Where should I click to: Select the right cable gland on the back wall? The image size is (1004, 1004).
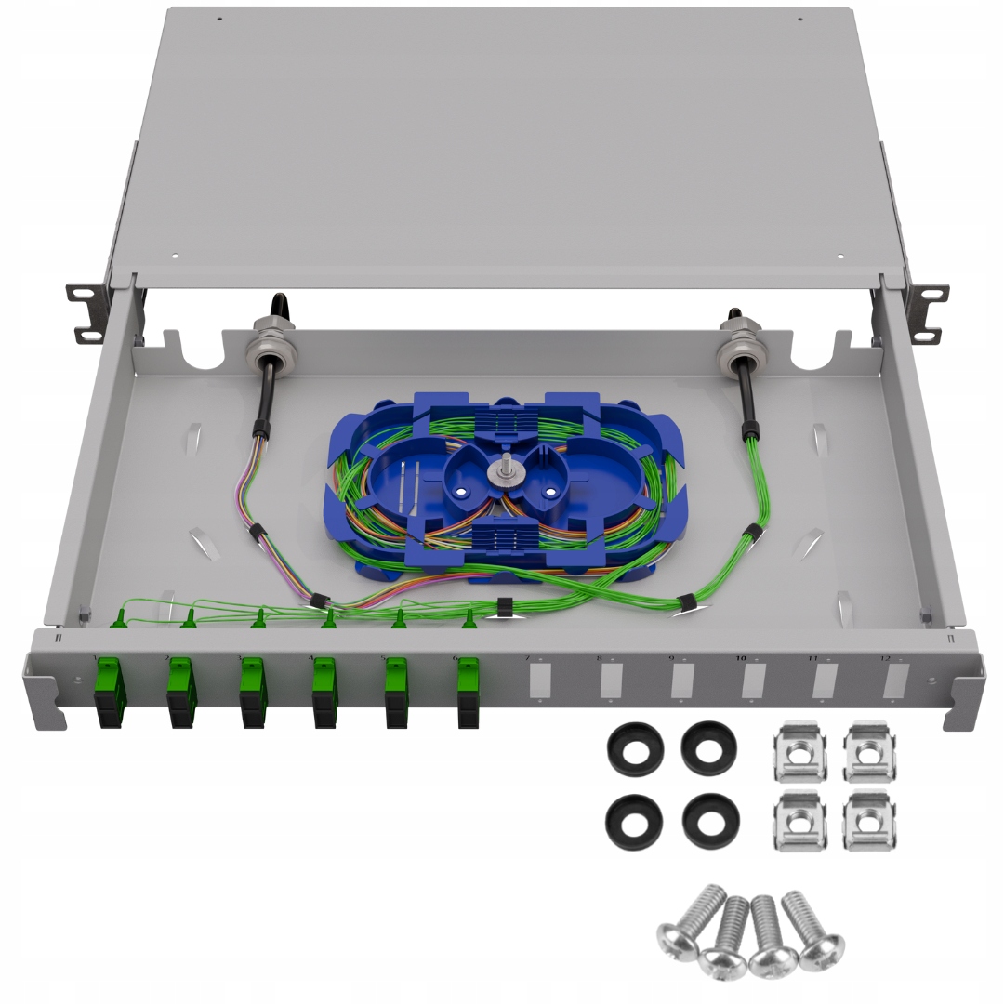pos(740,339)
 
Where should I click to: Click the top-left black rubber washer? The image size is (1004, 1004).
pos(635,747)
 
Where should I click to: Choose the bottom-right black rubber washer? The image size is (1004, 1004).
pos(710,818)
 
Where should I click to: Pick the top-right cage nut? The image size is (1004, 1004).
pos(869,750)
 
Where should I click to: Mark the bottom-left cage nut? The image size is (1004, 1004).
pos(799,819)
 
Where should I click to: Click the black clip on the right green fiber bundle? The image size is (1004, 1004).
pos(752,533)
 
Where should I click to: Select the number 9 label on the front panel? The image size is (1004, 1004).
pos(671,658)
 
